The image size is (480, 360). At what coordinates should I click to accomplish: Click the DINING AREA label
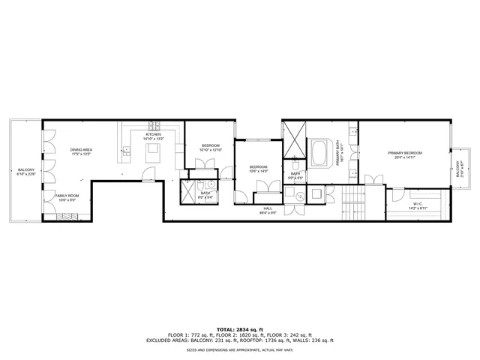[x=81, y=150]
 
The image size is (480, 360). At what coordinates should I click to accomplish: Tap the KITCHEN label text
[x=154, y=134]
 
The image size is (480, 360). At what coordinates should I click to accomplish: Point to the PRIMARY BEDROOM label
[x=404, y=153]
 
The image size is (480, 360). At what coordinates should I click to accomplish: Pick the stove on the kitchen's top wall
[x=154, y=124]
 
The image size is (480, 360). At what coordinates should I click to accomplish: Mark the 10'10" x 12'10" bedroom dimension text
[x=211, y=150]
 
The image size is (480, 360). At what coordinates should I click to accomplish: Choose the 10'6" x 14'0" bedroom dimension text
[x=258, y=171]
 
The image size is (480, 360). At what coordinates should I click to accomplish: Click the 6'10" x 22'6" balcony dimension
[x=26, y=175]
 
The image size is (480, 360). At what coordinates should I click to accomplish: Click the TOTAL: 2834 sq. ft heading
[x=239, y=329]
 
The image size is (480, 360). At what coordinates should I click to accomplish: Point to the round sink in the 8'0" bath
[x=211, y=183]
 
